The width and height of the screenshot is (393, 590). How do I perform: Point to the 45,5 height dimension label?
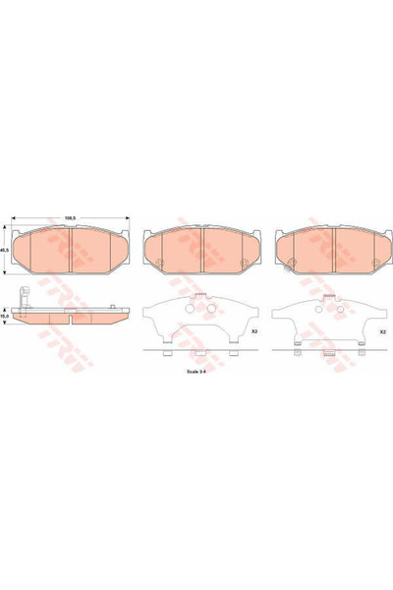click(5, 250)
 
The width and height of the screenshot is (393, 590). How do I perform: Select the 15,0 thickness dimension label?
click(5, 318)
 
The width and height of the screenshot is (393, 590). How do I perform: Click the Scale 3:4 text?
click(199, 372)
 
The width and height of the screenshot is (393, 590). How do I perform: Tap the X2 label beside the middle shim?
click(253, 332)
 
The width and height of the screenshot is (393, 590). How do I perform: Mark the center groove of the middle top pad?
click(200, 248)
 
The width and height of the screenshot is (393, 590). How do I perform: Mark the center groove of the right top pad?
click(334, 248)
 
